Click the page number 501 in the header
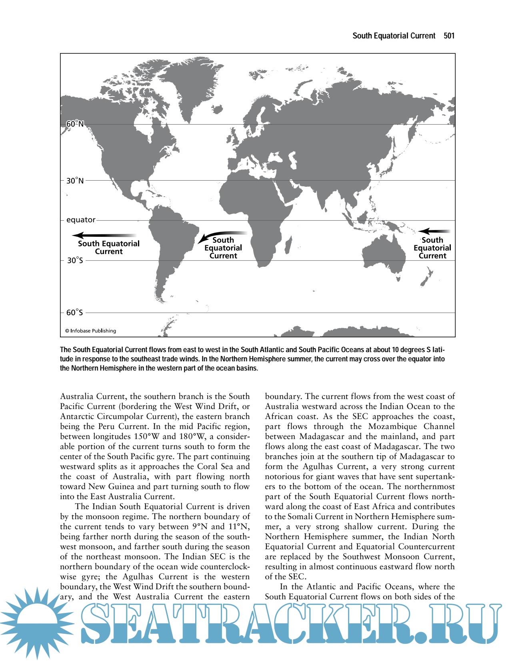point(449,36)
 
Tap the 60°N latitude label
point(75,124)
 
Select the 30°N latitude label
point(75,181)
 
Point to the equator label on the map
point(81,220)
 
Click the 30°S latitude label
point(75,260)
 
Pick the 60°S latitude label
point(75,312)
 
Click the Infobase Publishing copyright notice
point(91,331)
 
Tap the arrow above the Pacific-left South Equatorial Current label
point(106,236)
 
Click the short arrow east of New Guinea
point(434,231)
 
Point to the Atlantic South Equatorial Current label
point(223,248)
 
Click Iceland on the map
point(217,109)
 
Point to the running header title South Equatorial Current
point(394,36)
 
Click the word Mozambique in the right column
point(392,427)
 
